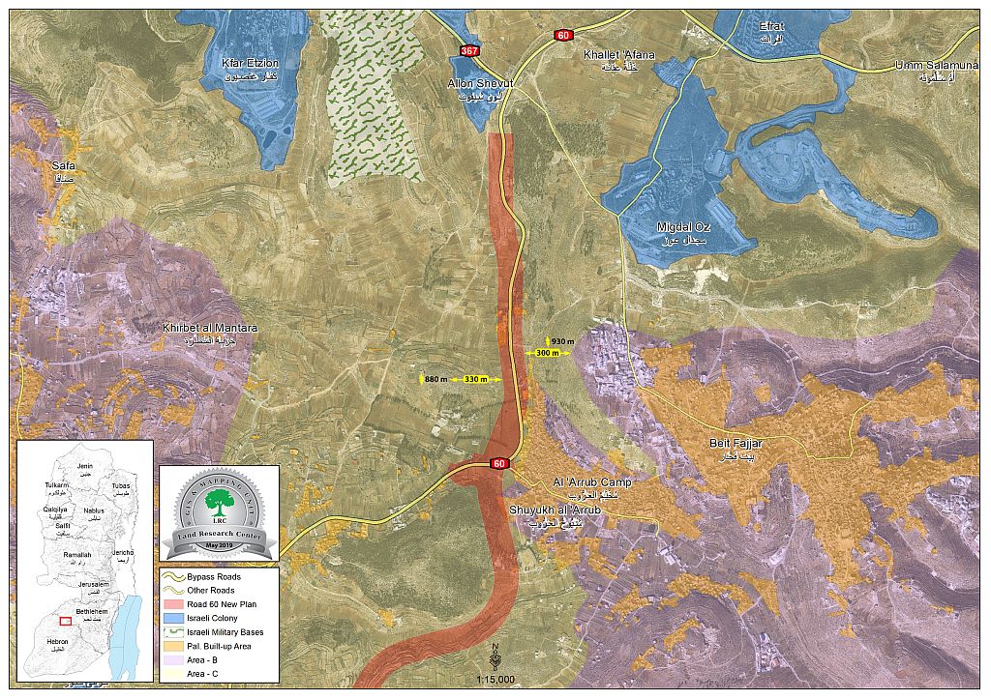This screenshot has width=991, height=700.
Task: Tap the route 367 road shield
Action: (470, 50)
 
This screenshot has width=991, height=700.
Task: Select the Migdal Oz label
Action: (681, 226)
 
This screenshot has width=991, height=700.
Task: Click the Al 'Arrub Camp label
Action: (591, 481)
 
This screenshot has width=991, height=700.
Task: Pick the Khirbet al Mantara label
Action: (210, 329)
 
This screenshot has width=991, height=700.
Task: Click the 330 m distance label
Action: (476, 379)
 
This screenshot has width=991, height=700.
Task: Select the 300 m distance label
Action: (548, 354)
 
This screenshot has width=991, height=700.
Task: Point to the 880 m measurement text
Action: (435, 379)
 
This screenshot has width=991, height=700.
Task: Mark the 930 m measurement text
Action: (562, 341)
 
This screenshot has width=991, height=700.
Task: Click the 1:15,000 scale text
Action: (495, 680)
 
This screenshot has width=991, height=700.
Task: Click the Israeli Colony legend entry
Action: (212, 618)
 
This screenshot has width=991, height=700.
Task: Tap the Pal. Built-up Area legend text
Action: (219, 645)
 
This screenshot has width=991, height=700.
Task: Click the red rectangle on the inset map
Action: (65, 621)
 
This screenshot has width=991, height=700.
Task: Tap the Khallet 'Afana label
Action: (618, 55)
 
